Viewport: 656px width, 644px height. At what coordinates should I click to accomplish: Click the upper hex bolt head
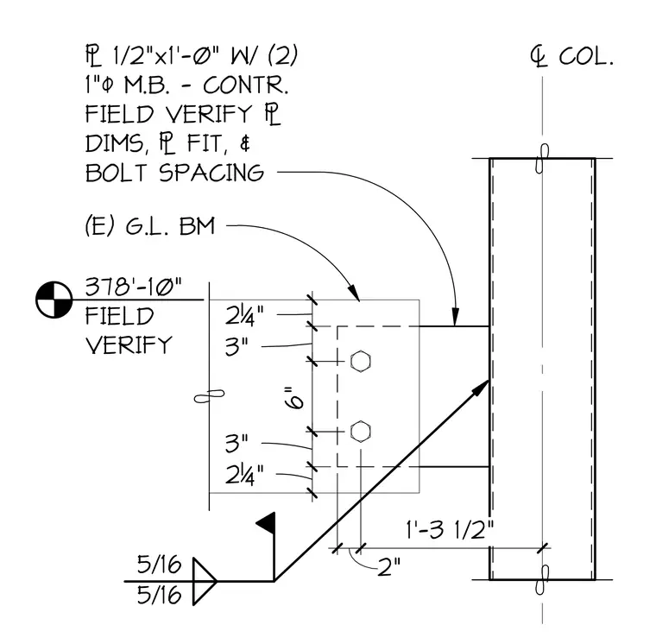pyautogui.click(x=360, y=362)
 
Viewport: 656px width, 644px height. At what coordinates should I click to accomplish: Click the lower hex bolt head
pyautogui.click(x=360, y=432)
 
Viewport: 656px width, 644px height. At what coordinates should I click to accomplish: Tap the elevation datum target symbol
pyautogui.click(x=54, y=300)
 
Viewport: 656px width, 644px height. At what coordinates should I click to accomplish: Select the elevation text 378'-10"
pyautogui.click(x=134, y=287)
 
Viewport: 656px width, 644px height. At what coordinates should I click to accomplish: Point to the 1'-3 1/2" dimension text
pyautogui.click(x=450, y=529)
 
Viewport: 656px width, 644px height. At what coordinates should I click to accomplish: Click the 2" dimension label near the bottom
pyautogui.click(x=388, y=567)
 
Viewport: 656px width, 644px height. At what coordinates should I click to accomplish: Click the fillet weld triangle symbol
pyautogui.click(x=205, y=581)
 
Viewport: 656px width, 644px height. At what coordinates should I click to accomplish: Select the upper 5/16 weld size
pyautogui.click(x=160, y=565)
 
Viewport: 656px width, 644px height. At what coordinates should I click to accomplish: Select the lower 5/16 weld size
pyautogui.click(x=160, y=595)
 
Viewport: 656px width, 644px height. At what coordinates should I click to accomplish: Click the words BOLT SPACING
pyautogui.click(x=175, y=173)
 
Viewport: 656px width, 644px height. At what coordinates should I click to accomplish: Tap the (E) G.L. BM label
pyautogui.click(x=150, y=226)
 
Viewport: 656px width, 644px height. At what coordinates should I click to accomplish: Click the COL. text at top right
pyautogui.click(x=586, y=56)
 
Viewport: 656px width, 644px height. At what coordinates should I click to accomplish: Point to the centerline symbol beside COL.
pyautogui.click(x=539, y=57)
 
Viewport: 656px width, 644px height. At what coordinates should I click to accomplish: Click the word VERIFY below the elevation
pyautogui.click(x=129, y=344)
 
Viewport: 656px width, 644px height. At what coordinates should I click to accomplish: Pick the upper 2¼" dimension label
pyautogui.click(x=245, y=316)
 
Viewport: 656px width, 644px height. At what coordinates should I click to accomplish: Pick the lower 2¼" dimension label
pyautogui.click(x=245, y=475)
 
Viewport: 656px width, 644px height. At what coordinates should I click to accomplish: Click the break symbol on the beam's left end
pyautogui.click(x=209, y=396)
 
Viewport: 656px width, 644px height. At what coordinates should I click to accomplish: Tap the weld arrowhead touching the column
pyautogui.click(x=481, y=388)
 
